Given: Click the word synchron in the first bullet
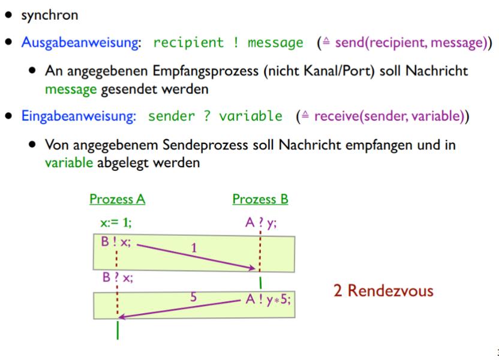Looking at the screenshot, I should coord(44,15).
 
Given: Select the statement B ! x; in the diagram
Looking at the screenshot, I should coord(115,244).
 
